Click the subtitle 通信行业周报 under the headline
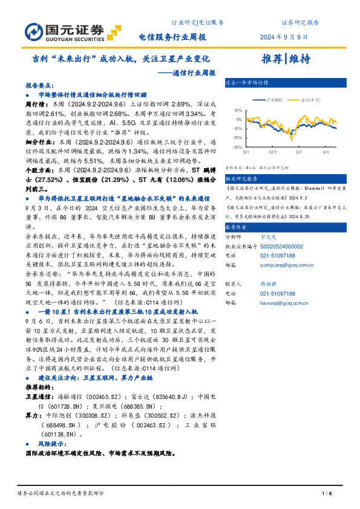point(189,73)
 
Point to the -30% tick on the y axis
point(237,147)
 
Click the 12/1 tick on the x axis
point(273,152)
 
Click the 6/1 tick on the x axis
point(326,152)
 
